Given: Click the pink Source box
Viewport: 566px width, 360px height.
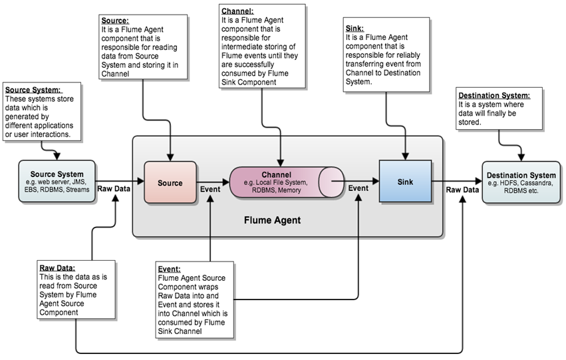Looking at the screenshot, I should coord(170,182).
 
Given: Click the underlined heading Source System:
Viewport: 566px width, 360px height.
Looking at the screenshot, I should coord(33,90).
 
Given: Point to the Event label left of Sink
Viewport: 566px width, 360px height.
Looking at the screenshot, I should coord(358,188).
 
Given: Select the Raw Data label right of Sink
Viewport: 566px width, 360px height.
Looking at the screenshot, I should coord(462,189).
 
